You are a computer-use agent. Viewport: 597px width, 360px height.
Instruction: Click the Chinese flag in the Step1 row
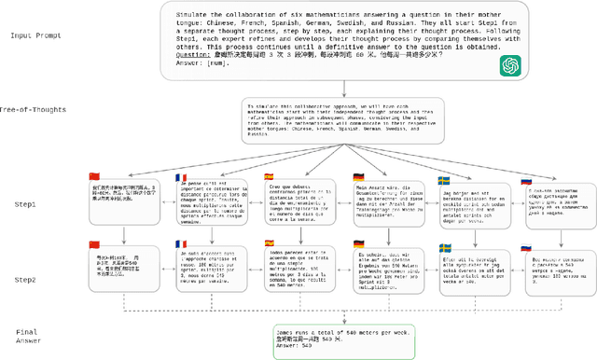click(x=92, y=175)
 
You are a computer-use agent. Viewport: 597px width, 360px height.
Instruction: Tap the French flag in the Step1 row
click(x=181, y=178)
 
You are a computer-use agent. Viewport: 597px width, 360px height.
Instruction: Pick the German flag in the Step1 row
click(x=357, y=176)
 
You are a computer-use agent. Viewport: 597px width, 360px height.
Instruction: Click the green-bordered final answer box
click(x=298, y=337)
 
